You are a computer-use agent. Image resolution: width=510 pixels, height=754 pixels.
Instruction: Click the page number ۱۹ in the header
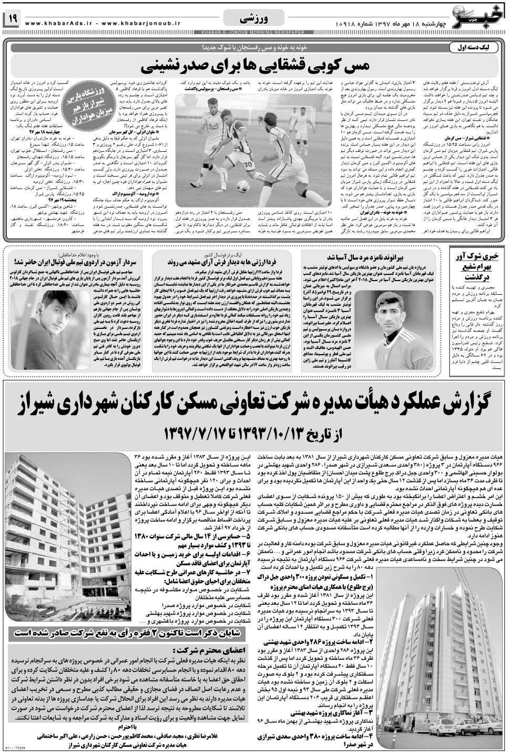tap(12, 19)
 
